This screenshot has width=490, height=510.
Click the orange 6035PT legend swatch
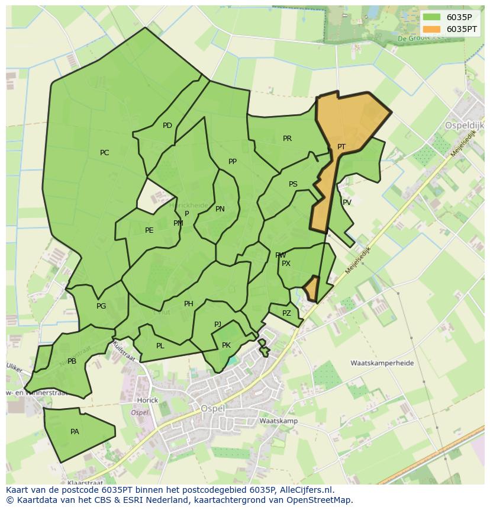tap(432, 29)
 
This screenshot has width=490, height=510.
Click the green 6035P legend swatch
tap(432, 17)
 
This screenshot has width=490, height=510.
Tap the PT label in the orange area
tap(341, 147)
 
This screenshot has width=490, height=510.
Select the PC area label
tap(105, 153)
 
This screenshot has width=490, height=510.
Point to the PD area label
tap(167, 126)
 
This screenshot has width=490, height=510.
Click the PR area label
tap(287, 139)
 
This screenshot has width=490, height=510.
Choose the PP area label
tap(233, 162)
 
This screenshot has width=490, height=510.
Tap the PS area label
tap(293, 184)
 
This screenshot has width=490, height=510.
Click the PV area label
tap(347, 203)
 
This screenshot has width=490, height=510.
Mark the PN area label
tap(220, 209)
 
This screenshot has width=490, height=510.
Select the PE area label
tap(149, 230)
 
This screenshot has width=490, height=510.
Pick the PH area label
tap(189, 304)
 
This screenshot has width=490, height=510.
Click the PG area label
tap(101, 306)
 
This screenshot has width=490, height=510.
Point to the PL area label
tap(160, 346)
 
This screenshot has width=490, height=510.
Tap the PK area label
tap(226, 345)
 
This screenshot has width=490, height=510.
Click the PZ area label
tap(286, 313)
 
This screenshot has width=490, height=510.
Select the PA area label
tap(75, 432)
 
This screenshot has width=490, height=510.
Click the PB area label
tap(72, 361)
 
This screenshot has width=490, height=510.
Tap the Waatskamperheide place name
tap(382, 363)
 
